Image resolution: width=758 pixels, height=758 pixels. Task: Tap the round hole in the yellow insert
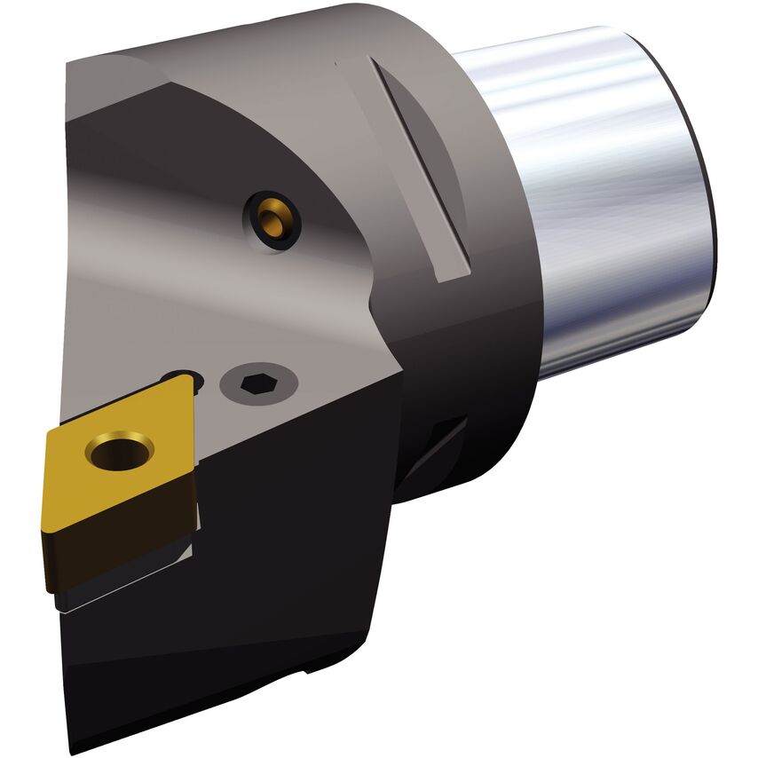pyautogui.click(x=119, y=450)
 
